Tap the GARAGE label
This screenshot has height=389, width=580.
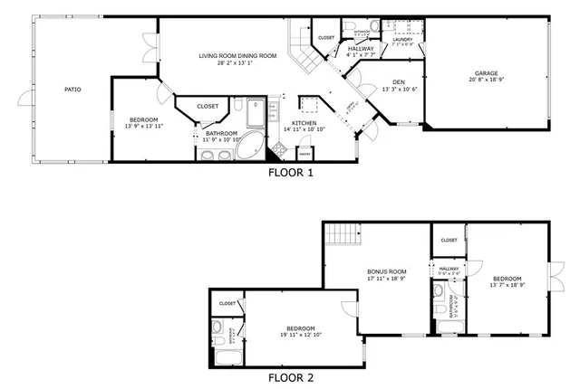(487, 74)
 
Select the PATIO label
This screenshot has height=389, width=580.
(74, 90)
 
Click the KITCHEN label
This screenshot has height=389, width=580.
(304, 123)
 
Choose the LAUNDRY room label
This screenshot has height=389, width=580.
(401, 39)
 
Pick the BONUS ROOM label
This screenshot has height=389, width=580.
(386, 271)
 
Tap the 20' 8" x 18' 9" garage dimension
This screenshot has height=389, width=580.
(487, 81)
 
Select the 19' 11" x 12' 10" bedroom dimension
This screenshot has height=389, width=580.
(300, 335)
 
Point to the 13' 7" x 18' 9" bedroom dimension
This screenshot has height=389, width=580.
(507, 285)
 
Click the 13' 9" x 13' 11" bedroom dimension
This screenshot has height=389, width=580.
(144, 127)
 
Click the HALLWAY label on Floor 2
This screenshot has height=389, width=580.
(449, 268)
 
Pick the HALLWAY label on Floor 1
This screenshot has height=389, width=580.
(361, 49)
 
